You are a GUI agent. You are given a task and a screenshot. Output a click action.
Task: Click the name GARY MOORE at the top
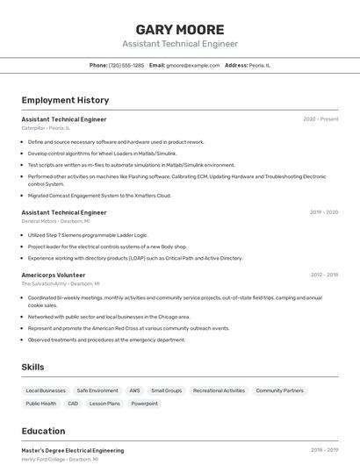pyautogui.click(x=180, y=29)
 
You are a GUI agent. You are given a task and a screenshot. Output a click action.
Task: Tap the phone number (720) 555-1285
pyautogui.click(x=126, y=65)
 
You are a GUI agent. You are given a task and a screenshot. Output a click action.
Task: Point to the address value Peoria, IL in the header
pyautogui.click(x=260, y=65)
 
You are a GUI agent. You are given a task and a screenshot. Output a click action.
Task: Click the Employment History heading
pyautogui.click(x=65, y=100)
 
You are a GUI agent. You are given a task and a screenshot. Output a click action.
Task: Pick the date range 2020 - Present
pyautogui.click(x=320, y=119)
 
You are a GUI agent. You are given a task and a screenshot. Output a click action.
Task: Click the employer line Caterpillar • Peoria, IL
pyautogui.click(x=46, y=128)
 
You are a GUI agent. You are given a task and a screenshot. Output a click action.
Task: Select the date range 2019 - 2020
pyautogui.click(x=324, y=212)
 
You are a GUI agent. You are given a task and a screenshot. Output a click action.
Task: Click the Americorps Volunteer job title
pyautogui.click(x=54, y=275)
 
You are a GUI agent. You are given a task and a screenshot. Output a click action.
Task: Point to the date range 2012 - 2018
pyautogui.click(x=324, y=275)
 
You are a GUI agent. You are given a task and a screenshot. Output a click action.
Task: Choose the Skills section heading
pyautogui.click(x=32, y=367)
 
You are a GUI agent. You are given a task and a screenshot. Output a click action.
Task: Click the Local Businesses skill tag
pyautogui.click(x=46, y=390)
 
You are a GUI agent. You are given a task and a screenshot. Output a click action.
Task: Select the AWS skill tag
pyautogui.click(x=134, y=390)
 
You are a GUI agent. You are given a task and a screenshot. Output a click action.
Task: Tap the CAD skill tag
pyautogui.click(x=73, y=404)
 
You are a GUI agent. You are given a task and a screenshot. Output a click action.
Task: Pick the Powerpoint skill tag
pyautogui.click(x=145, y=404)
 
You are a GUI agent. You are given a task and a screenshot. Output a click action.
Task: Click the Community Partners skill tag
pyautogui.click(x=279, y=390)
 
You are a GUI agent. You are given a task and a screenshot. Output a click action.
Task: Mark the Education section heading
pyautogui.click(x=43, y=431)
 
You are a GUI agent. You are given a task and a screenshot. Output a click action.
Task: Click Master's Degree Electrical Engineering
pyautogui.click(x=72, y=450)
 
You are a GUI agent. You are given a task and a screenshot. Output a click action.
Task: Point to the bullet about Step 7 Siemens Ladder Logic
pyautogui.click(x=88, y=235)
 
